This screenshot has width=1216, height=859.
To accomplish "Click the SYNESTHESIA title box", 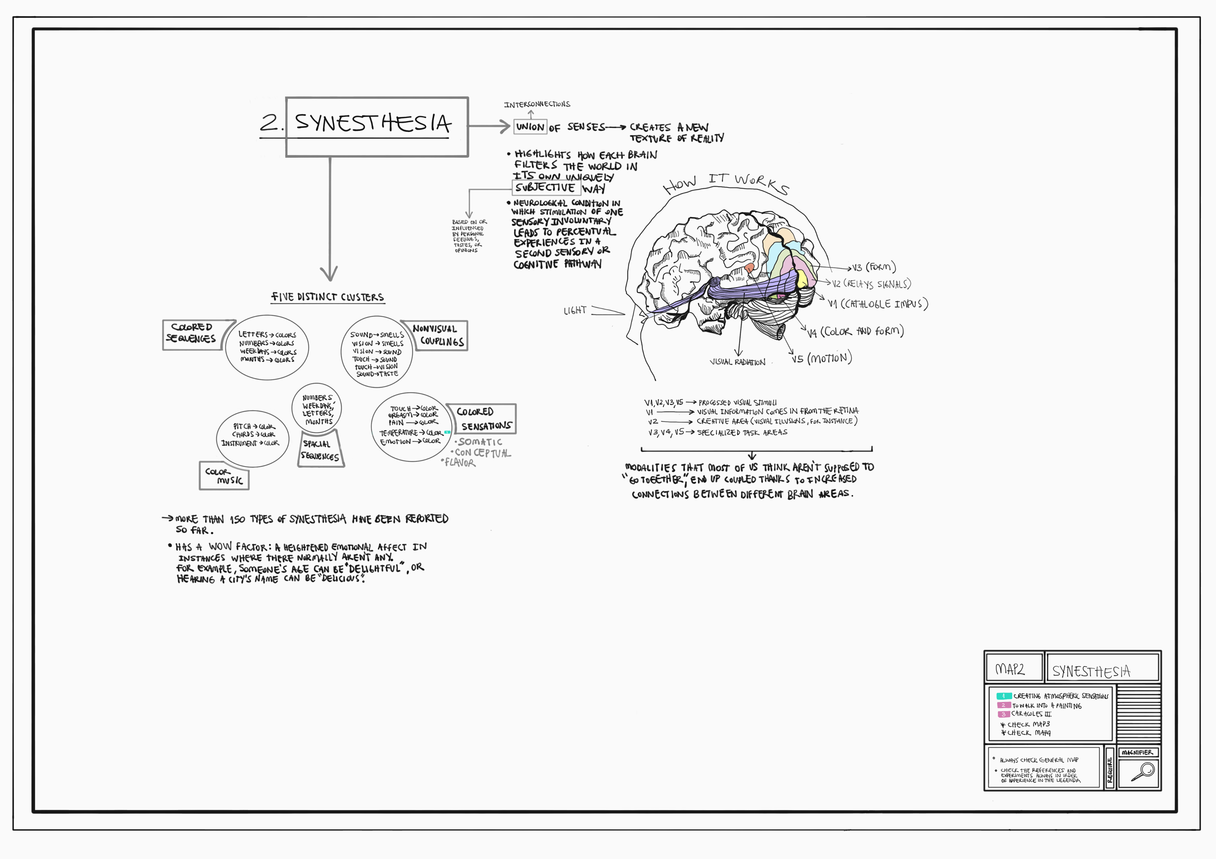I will click(376, 127).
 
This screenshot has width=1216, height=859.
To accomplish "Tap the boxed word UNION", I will click(530, 127).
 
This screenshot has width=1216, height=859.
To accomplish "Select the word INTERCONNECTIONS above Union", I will click(537, 104).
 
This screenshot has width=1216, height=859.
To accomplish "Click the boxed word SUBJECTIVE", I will click(546, 187).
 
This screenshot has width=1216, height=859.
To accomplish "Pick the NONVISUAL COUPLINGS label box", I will click(437, 336).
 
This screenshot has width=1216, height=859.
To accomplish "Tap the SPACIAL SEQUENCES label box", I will click(320, 450).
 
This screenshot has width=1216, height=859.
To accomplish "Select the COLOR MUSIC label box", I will click(224, 476).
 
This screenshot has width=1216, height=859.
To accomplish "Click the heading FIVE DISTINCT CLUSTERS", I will click(328, 297).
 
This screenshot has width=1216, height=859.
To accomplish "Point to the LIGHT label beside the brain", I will click(575, 310).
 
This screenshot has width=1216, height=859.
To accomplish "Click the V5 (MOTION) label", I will click(822, 358).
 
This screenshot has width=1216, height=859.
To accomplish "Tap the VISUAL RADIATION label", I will click(737, 363).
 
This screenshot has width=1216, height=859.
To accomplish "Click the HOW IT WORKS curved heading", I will click(725, 183).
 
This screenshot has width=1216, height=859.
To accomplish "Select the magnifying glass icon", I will click(1143, 771).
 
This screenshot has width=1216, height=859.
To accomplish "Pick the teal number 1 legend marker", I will click(1003, 696).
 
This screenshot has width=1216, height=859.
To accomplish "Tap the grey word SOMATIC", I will click(480, 442).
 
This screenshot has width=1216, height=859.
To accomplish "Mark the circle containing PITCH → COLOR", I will click(253, 438).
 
